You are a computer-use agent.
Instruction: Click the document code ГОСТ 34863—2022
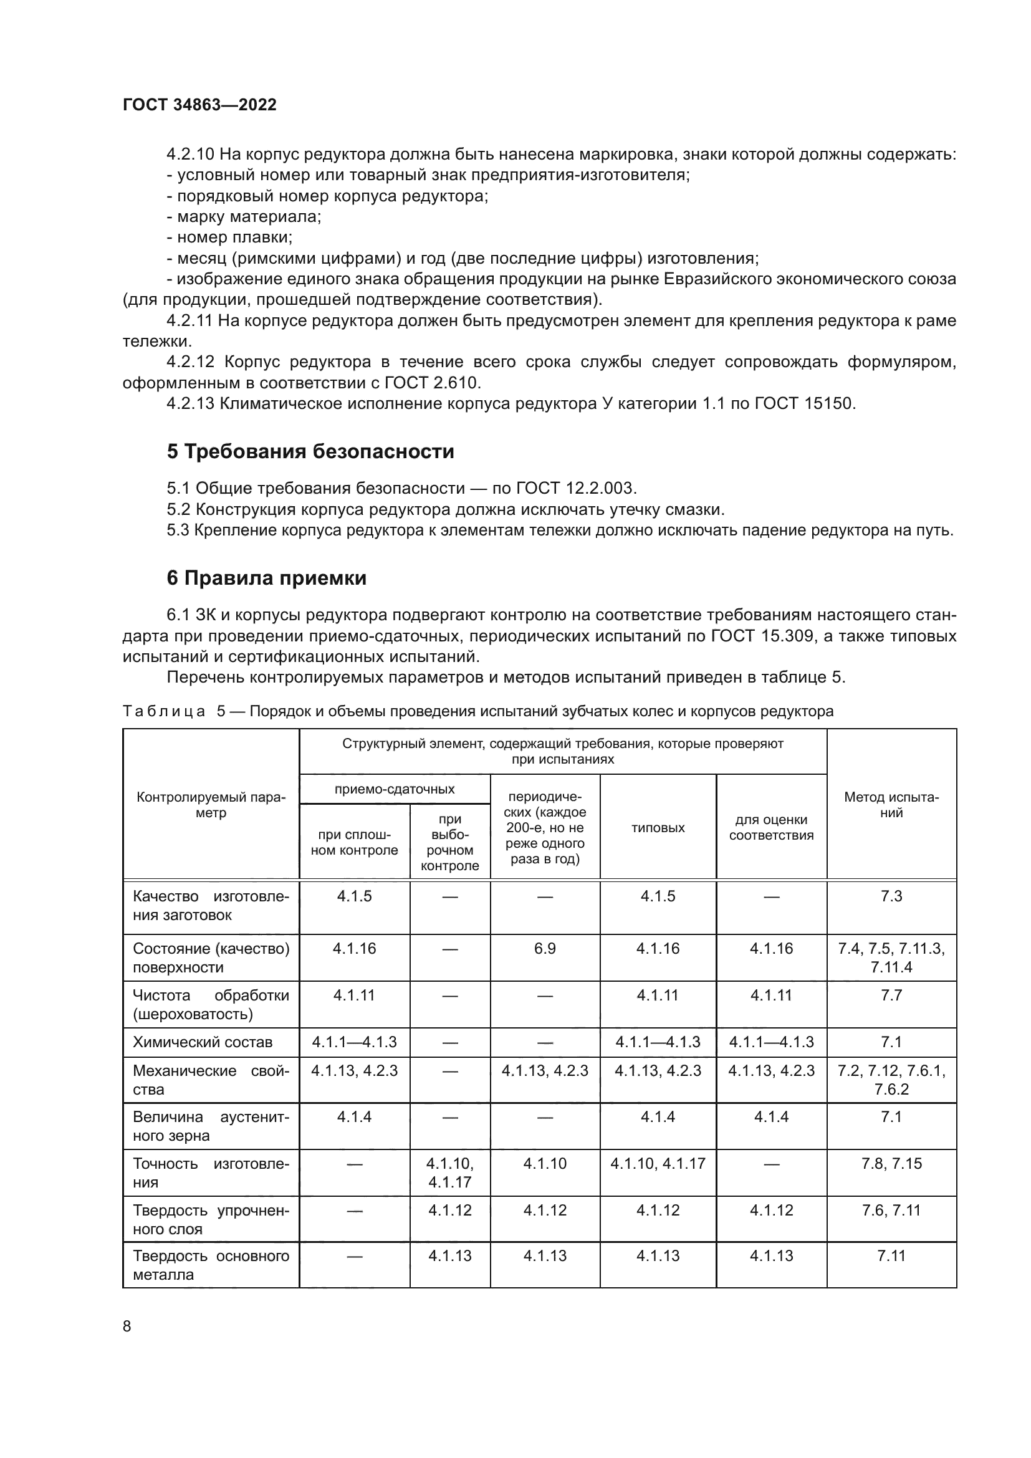199,105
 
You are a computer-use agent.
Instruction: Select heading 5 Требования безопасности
310,451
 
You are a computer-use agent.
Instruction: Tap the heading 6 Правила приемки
267,578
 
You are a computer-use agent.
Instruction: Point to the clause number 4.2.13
191,403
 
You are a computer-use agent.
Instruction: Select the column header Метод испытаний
891,805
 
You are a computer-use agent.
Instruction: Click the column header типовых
658,827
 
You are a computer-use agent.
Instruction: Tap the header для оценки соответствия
770,827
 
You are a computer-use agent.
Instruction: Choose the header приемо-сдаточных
394,789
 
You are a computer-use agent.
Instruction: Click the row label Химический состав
203,1042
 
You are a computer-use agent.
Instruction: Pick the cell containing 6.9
545,949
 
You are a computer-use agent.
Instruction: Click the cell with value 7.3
891,896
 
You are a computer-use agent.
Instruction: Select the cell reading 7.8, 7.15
891,1163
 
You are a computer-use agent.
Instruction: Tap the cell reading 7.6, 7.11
891,1210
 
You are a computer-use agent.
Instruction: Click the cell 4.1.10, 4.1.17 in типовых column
658,1163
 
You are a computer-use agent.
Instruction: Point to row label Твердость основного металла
210,1265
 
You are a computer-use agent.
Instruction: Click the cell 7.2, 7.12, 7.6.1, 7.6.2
891,1080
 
